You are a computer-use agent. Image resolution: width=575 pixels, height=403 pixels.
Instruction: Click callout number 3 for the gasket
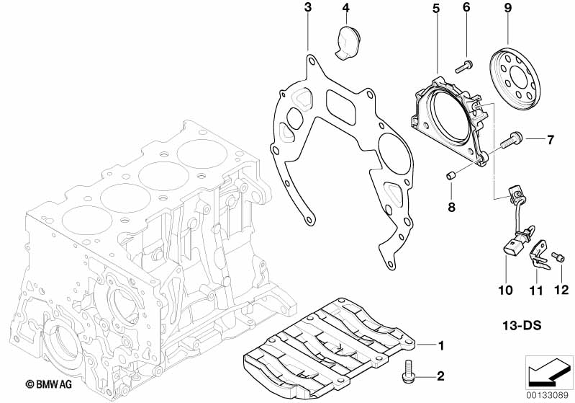click(307, 9)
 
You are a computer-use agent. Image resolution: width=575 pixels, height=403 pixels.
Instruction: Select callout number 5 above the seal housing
click(435, 9)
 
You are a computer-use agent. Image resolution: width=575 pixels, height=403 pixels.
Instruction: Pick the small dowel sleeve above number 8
click(451, 176)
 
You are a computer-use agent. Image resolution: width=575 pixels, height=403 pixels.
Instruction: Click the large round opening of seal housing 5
click(446, 119)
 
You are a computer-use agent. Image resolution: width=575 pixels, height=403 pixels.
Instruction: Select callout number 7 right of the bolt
click(550, 139)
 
